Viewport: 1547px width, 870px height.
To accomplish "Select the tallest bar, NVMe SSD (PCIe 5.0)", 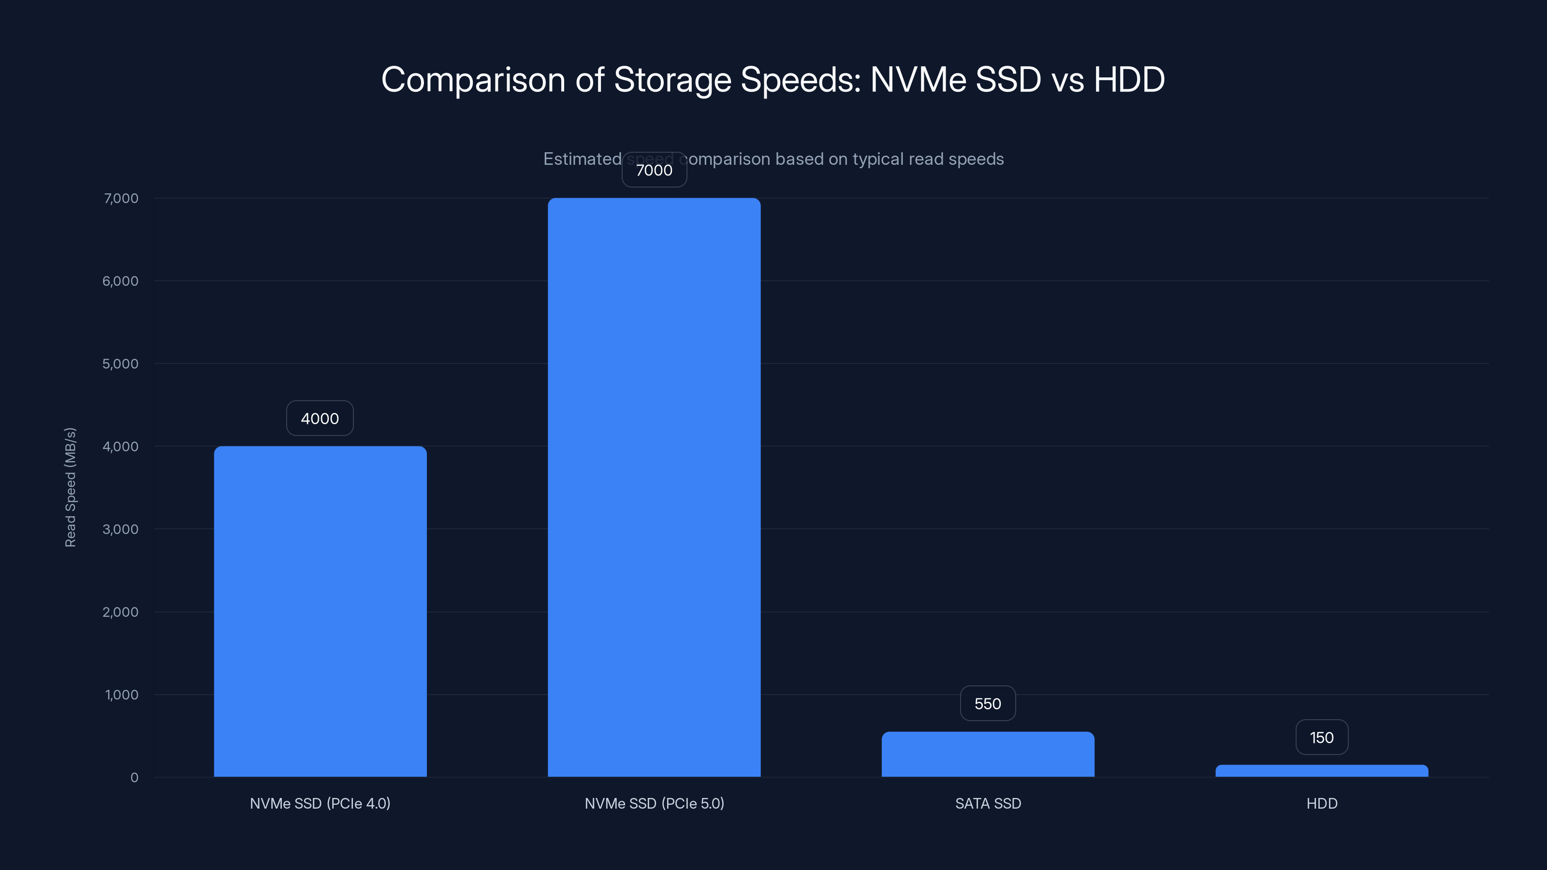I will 654,487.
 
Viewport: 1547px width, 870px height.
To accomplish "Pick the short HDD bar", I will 1322,771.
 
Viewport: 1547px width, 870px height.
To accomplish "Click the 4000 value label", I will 320,419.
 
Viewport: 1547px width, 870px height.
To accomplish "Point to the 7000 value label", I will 654,171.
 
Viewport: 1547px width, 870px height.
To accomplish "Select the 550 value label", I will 987,704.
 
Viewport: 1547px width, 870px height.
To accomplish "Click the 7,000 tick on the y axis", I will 121,199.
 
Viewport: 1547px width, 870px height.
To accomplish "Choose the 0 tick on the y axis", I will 134,778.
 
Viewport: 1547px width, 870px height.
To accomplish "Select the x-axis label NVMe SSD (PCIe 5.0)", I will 654,803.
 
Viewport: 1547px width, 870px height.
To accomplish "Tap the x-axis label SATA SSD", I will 988,803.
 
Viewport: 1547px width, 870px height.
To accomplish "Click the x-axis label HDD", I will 1322,803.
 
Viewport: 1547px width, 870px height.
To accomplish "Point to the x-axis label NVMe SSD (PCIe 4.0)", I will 320,803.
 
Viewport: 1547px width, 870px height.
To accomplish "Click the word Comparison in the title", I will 473,80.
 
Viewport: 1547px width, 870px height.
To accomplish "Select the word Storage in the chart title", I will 672,80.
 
